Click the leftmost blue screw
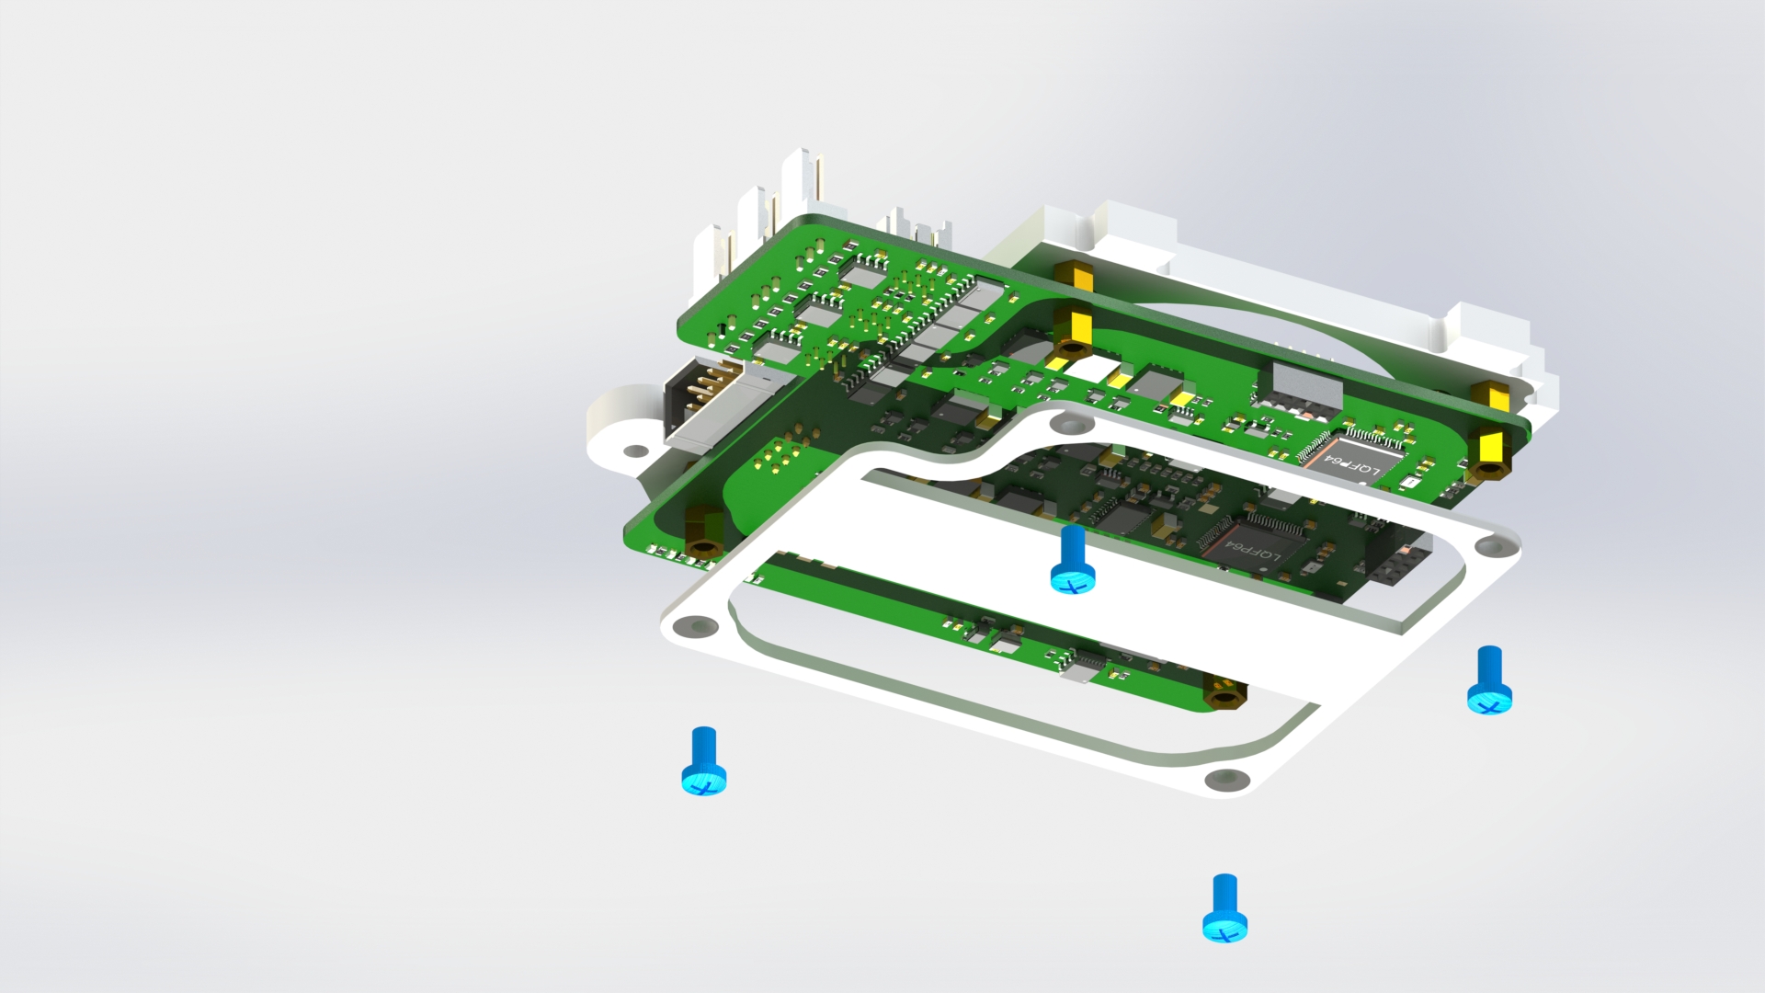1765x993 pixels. tap(703, 761)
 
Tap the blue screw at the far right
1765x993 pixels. tap(1489, 680)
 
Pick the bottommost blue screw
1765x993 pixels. tap(1225, 908)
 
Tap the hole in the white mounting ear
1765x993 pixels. tap(635, 451)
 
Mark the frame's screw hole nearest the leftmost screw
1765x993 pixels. tap(695, 627)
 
